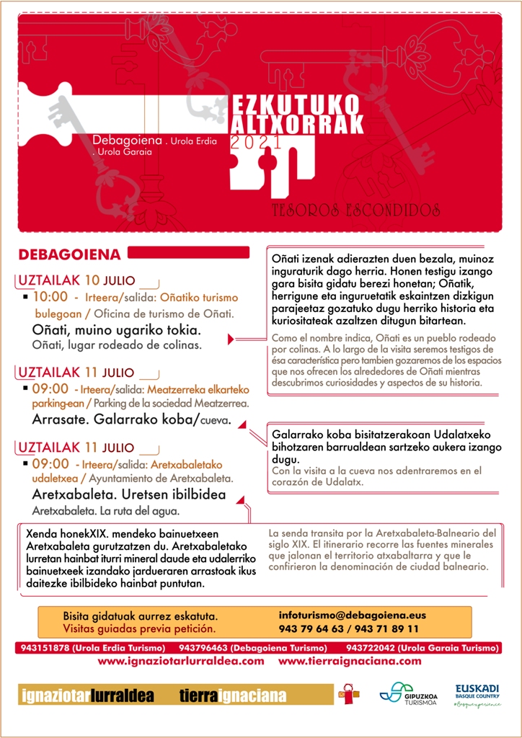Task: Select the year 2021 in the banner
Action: coord(256,143)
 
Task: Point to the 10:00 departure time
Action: coord(50,296)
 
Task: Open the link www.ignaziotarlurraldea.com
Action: coord(180,660)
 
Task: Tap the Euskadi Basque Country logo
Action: coord(477,694)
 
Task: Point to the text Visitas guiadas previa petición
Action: coord(139,629)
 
